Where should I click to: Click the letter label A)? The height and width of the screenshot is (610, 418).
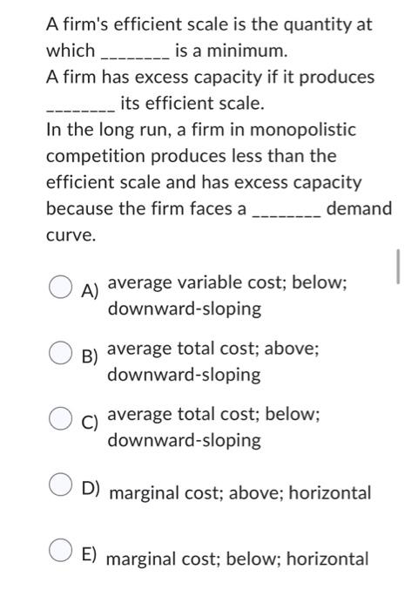pyautogui.click(x=89, y=290)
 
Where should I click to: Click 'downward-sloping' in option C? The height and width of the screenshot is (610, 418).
pyautogui.click(x=184, y=440)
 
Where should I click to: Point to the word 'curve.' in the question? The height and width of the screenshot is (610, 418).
pyautogui.click(x=68, y=235)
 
